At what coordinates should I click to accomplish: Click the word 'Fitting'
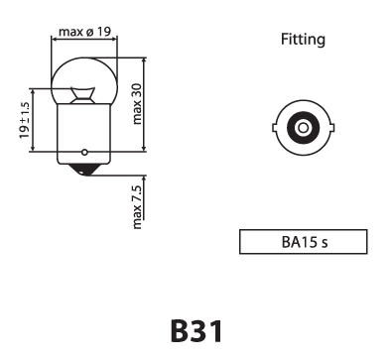point(303,41)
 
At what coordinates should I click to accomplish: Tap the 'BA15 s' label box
point(303,241)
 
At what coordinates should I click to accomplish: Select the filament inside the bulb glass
point(84,95)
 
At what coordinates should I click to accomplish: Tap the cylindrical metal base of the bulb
point(84,134)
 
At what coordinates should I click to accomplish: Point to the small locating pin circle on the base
point(84,153)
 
